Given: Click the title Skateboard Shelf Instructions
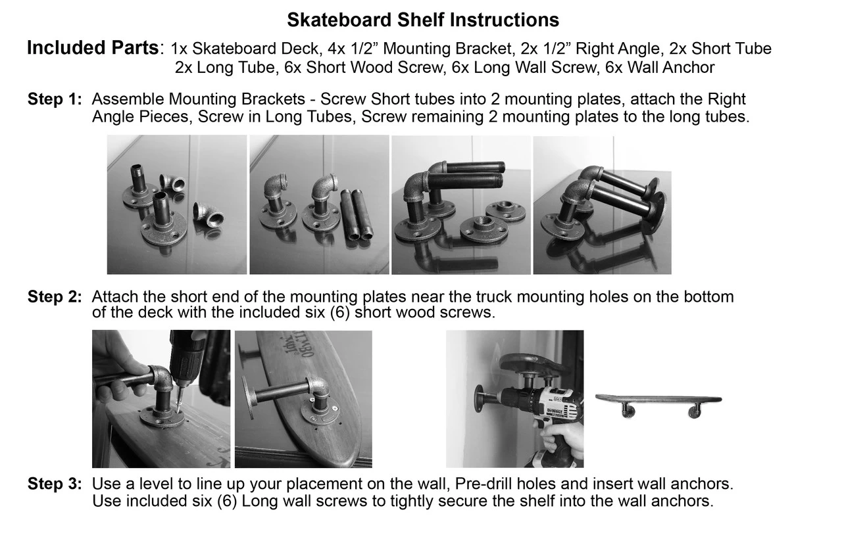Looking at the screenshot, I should click(x=423, y=20).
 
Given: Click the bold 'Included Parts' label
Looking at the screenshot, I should click(x=93, y=48).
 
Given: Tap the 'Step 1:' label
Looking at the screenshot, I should click(x=55, y=100).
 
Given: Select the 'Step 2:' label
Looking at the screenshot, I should click(x=55, y=297).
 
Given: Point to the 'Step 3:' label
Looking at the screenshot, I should click(x=55, y=485).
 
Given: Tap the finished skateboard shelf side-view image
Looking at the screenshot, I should click(x=658, y=404).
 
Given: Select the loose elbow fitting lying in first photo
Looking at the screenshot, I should click(x=208, y=216).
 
